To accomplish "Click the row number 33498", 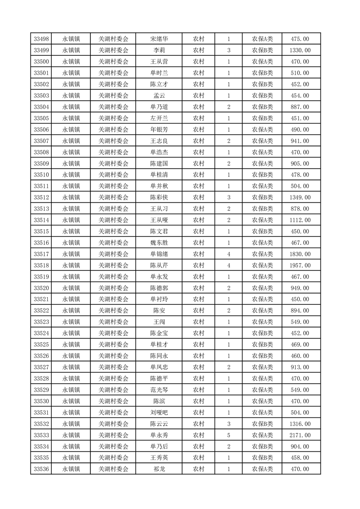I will click(x=41, y=39).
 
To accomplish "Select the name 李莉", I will click(x=159, y=50).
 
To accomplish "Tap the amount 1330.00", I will click(x=300, y=50).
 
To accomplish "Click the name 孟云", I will click(x=159, y=96).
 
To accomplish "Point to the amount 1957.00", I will click(x=300, y=265).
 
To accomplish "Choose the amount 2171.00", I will click(x=300, y=435).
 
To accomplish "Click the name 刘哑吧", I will click(x=159, y=412).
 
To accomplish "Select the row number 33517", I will click(x=41, y=254).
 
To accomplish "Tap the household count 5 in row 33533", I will click(x=228, y=435).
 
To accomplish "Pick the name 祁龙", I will click(x=159, y=469).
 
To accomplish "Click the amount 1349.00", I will click(x=300, y=197).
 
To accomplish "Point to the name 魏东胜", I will click(x=159, y=243).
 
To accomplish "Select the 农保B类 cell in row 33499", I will click(x=262, y=50).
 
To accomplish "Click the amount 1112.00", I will click(x=300, y=220).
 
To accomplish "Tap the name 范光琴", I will click(x=159, y=390).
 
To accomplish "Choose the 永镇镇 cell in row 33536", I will click(x=71, y=469).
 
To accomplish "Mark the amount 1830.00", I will click(x=300, y=254).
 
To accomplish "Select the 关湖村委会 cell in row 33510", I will click(x=113, y=175).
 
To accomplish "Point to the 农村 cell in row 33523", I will click(x=198, y=322).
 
